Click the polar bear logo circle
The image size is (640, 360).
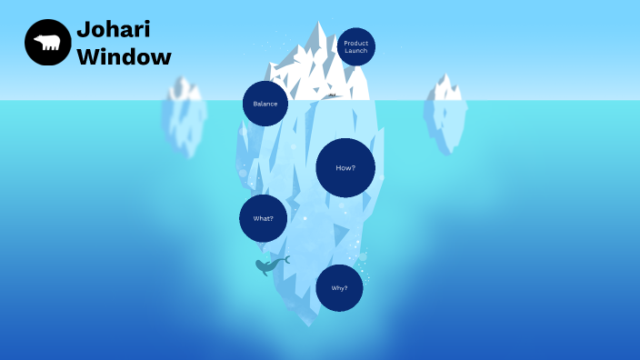pos(48,43)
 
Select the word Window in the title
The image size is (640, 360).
pos(124,56)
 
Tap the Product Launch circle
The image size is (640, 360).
pos(355,47)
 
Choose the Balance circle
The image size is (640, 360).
pos(265,104)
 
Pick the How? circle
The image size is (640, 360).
pos(345,168)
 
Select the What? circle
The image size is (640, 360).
pos(263,218)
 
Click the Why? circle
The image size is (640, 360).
pos(339,288)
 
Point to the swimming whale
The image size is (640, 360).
pos(269,265)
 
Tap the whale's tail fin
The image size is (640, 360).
pos(285,260)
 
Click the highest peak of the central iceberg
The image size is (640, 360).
pos(319,25)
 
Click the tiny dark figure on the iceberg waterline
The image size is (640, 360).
pos(332,95)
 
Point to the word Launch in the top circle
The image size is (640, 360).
pos(356,51)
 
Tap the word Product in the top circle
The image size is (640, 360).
pos(356,43)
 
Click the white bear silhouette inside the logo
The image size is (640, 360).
pos(47,43)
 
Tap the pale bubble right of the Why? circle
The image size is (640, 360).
pos(363,257)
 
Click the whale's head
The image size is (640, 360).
pos(261,266)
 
